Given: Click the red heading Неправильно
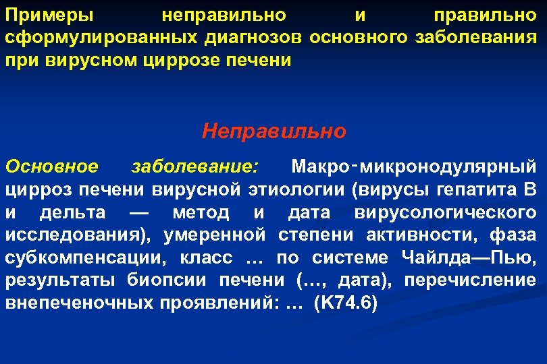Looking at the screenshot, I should (273, 130).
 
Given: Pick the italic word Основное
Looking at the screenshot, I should (51, 165).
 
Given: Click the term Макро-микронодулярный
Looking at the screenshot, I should (413, 165).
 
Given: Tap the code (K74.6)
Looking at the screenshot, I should (346, 303).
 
